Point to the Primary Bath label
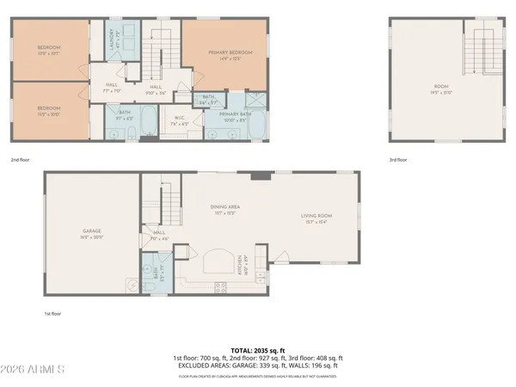[234, 116]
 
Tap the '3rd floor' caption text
[398, 159]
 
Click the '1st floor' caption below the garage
[53, 314]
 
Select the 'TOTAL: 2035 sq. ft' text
[257, 350]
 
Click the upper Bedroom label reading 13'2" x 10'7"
[50, 50]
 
